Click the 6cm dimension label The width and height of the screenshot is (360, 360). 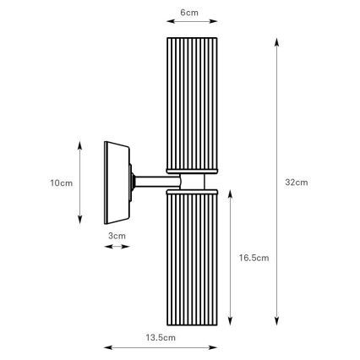[x=190, y=14]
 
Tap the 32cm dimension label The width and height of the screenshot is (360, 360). [x=297, y=182]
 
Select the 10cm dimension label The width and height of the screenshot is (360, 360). [x=60, y=182]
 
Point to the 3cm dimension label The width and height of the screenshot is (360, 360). [x=117, y=236]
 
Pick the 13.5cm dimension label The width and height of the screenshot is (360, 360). [x=160, y=337]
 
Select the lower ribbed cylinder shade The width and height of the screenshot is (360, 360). [x=192, y=258]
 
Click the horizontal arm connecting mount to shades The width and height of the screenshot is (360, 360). [x=151, y=180]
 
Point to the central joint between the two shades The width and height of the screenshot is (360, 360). [x=192, y=180]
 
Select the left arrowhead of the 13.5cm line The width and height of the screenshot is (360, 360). [x=106, y=346]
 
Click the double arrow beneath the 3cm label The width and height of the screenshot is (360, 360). [x=117, y=247]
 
